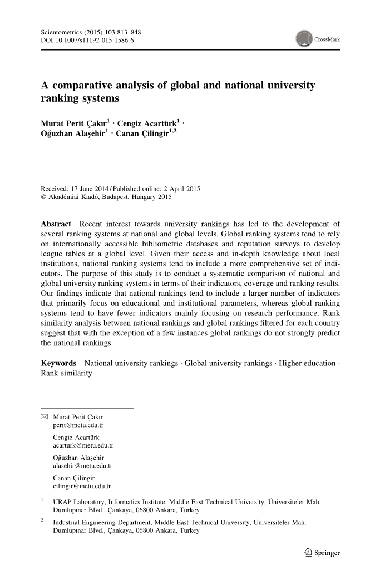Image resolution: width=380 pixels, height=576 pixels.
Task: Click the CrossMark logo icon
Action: click(304, 39)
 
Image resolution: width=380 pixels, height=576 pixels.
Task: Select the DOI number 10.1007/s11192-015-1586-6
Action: click(97, 41)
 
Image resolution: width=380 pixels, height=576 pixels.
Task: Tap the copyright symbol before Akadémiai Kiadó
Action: click(44, 197)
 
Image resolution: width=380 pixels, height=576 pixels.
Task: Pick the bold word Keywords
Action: click(59, 363)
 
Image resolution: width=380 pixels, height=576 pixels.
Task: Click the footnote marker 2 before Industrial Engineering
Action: click(42, 520)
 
